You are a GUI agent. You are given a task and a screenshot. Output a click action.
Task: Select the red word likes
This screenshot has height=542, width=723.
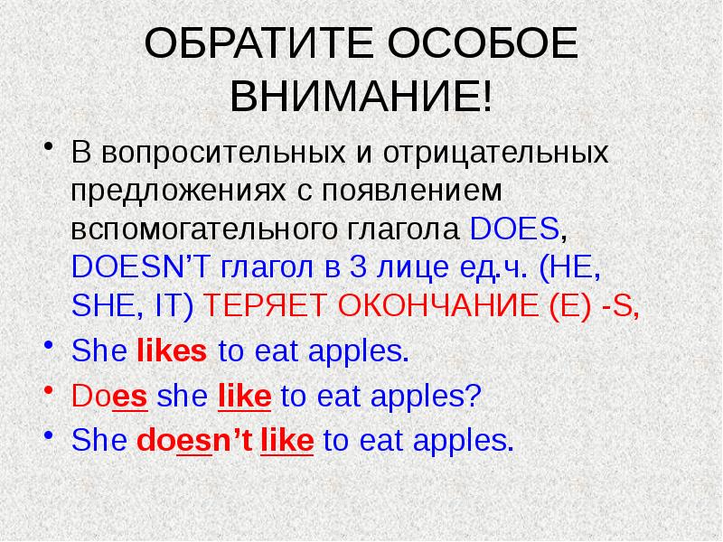click(172, 353)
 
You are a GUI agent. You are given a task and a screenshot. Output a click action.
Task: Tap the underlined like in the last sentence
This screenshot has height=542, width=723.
click(286, 440)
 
